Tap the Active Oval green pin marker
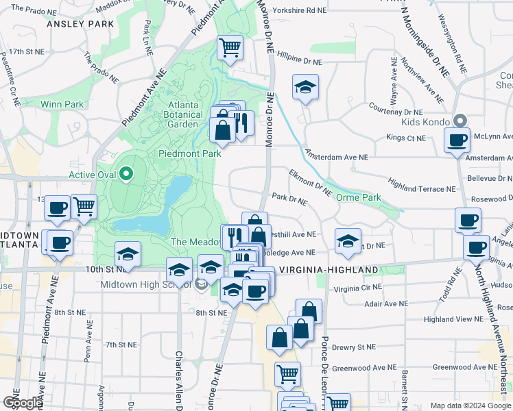pos(126,174)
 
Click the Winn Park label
pos(62,104)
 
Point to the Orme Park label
pos(359,197)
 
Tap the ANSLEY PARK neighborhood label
pos(80,24)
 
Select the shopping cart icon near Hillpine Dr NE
pos(230,47)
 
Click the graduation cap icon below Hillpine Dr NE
pos(305,87)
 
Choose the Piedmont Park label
pos(190,153)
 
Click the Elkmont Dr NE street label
pos(310,184)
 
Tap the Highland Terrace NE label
pos(422,186)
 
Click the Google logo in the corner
pos(23,402)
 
